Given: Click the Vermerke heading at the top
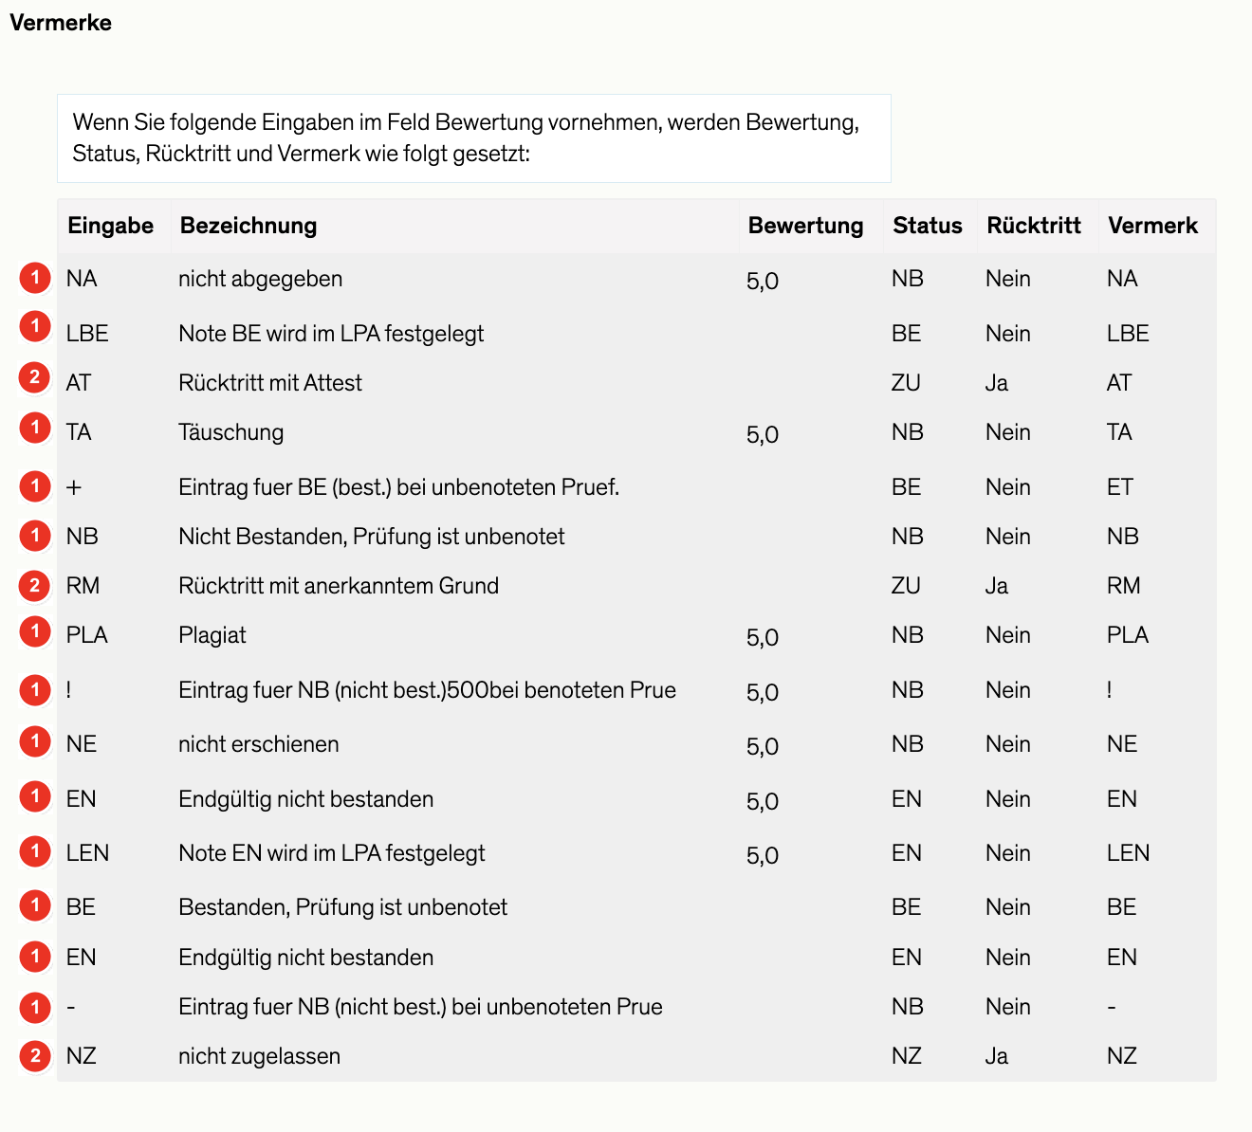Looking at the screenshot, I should [61, 23].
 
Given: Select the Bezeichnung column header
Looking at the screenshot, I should [249, 226].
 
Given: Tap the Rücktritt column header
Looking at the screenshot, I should [1034, 226].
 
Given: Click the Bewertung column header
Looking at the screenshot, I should [805, 226].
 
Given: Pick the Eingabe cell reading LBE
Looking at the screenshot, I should [87, 334].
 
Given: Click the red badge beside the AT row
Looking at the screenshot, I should [35, 378].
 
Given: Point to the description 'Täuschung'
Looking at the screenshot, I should [230, 432].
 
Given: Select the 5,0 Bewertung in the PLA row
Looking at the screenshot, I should [763, 637].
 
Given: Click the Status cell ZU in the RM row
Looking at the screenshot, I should [906, 586].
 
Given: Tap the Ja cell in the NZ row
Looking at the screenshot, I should [996, 1056].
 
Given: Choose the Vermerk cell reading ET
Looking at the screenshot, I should [1120, 487].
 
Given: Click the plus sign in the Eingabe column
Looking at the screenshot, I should [74, 487].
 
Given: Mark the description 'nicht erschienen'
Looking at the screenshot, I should [258, 744].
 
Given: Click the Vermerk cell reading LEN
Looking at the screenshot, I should [1128, 853].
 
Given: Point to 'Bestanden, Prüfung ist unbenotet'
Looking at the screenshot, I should [342, 907].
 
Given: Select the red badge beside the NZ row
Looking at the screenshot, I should [35, 1055].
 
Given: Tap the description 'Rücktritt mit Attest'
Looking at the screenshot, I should [270, 383].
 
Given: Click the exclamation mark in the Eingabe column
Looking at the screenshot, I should [69, 690].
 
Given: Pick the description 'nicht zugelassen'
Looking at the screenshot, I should [259, 1056].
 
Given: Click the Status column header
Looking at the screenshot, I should [927, 226].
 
